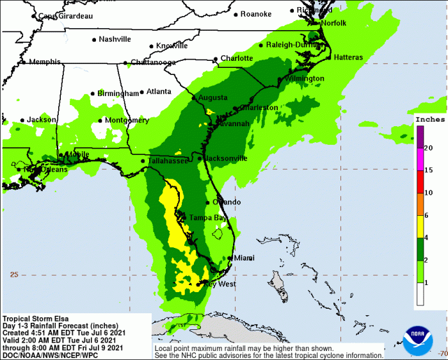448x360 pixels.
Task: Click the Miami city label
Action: point(244,258)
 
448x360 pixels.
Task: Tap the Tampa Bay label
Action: point(207,218)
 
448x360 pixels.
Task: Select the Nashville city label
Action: point(115,39)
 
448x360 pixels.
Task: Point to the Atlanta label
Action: point(159,92)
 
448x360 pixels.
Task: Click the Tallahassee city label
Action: point(167,161)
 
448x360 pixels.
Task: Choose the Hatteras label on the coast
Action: point(348,58)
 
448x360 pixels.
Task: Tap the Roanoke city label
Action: point(256,14)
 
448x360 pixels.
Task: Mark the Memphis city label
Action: point(43,62)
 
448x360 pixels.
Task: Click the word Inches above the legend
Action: point(429,119)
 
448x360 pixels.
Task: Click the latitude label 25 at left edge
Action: point(14,274)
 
